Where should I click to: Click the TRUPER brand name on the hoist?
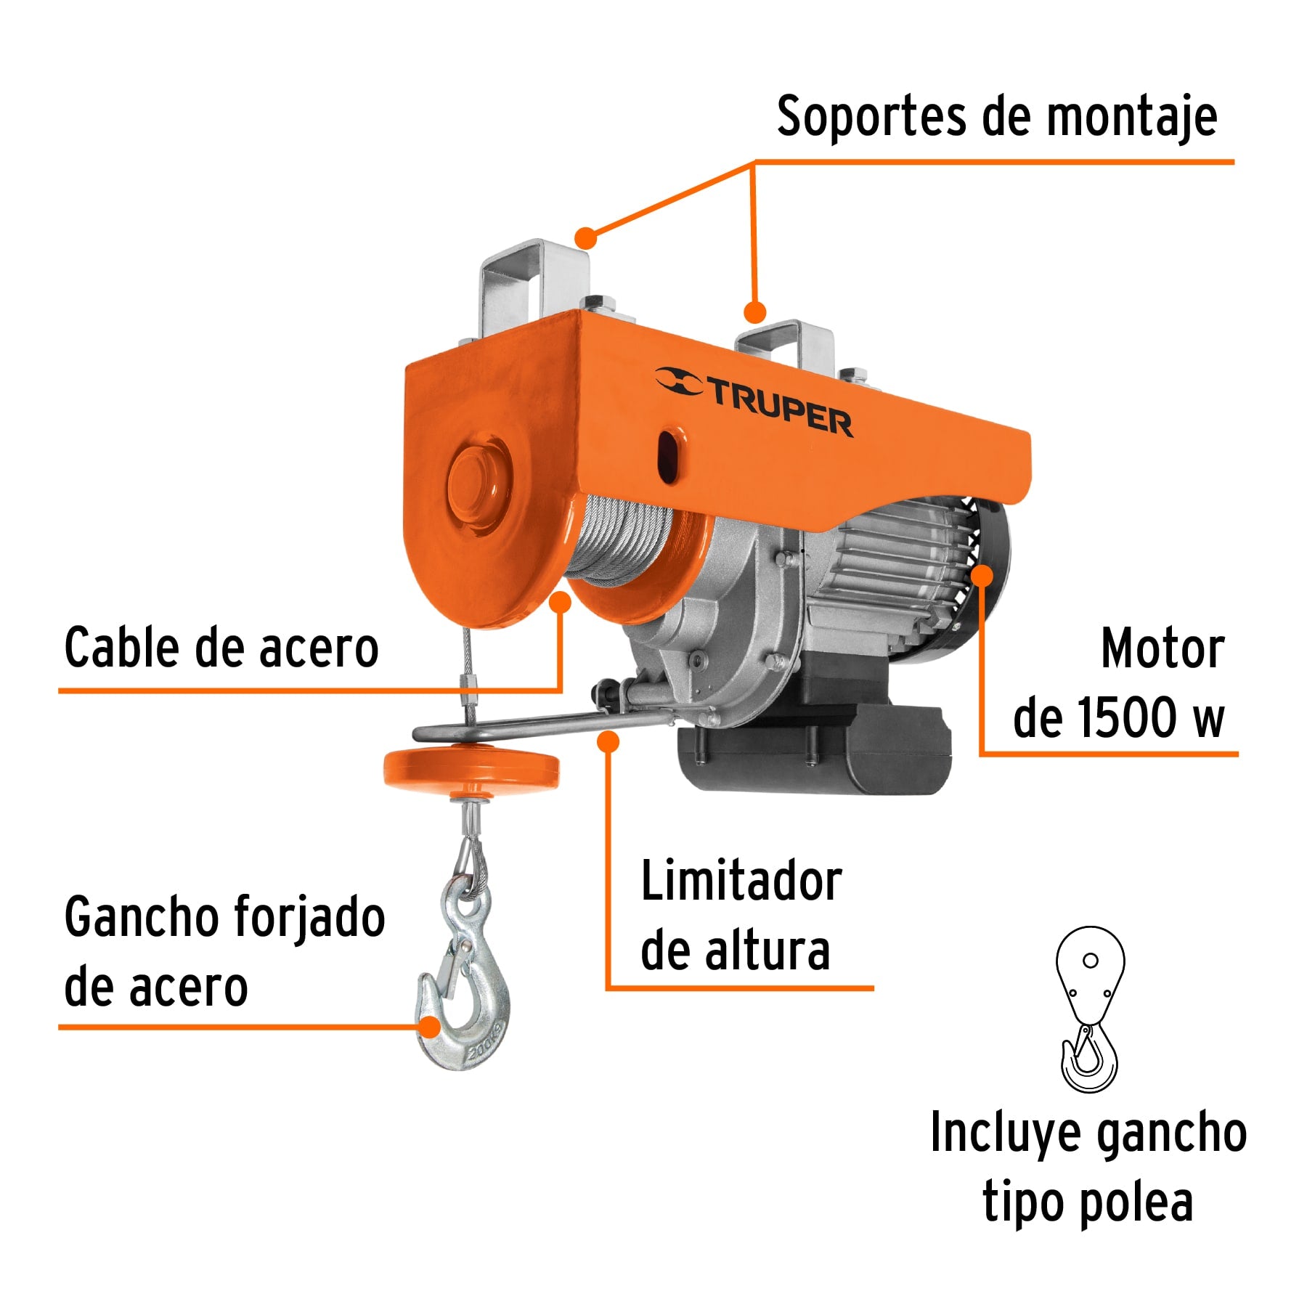781,411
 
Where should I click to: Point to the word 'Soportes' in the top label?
871,117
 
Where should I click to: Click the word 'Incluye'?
1005,1133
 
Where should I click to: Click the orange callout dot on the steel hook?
430,1027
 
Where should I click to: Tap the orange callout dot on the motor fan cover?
982,576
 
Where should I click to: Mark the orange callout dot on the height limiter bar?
608,741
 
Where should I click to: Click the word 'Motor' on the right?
1162,648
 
